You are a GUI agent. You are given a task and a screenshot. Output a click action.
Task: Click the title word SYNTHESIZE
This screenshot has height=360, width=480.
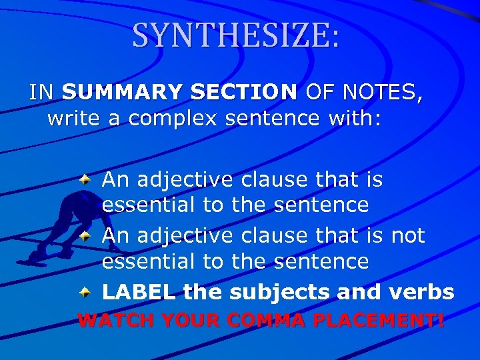[x=236, y=35]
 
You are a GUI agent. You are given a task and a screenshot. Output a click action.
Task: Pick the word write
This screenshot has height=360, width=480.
[x=72, y=119]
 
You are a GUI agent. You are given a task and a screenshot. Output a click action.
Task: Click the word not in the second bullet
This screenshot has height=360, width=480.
[x=408, y=235]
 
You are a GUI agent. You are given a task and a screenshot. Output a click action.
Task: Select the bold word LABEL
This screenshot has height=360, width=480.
[x=139, y=292]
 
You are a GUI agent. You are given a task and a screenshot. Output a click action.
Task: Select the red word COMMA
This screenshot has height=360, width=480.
[x=264, y=320]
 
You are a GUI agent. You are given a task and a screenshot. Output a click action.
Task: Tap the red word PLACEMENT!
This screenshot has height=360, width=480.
[x=377, y=320]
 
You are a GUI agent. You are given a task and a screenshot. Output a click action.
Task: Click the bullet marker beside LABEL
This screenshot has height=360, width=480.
[x=85, y=292]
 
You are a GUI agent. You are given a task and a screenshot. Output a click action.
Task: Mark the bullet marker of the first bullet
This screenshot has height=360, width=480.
[x=85, y=179]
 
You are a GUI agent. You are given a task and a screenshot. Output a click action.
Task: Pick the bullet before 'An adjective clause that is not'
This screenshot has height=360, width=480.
[x=85, y=235]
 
